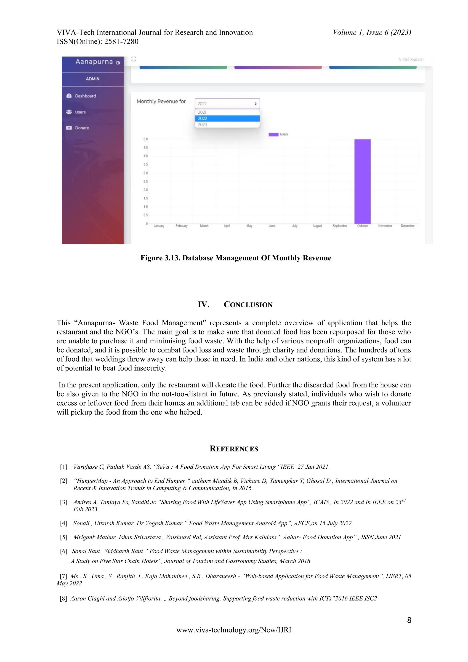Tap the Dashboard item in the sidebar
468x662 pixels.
[85, 96]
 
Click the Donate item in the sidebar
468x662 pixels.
[82, 128]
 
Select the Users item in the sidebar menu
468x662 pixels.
[80, 112]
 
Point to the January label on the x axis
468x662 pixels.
[159, 226]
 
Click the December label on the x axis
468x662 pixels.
[407, 226]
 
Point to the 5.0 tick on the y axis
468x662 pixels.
[146, 139]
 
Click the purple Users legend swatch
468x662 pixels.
[273, 134]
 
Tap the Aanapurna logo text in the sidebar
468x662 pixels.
[94, 62]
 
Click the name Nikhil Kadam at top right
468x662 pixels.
[411, 60]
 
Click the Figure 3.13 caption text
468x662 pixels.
[236, 258]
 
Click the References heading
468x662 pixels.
[234, 449]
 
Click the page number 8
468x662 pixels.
[409, 620]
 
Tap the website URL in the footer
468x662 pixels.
[234, 630]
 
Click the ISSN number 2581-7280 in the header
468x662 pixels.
[121, 42]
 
